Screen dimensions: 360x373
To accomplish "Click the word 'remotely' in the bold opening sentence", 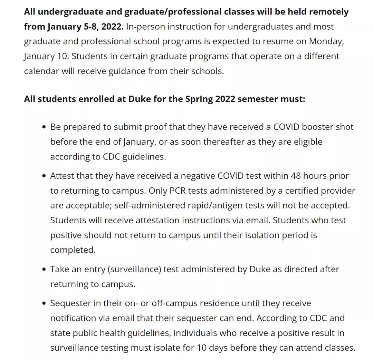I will click(328, 12).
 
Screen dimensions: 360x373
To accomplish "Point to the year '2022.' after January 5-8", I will click(112, 27).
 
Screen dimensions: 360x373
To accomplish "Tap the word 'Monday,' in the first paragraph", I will click(326, 41).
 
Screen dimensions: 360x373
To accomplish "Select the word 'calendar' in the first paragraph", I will click(41, 71).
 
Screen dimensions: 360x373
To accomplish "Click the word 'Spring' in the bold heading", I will click(199, 99).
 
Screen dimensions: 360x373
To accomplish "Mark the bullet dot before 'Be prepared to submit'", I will click(44, 127).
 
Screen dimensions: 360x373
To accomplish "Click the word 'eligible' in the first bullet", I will click(308, 142).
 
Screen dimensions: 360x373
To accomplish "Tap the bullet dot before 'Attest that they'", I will click(44, 176).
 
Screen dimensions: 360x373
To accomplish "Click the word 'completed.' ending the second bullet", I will click(73, 250).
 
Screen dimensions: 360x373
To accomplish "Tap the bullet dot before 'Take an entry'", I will click(44, 270).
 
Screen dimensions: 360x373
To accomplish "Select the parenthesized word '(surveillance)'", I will click(134, 270).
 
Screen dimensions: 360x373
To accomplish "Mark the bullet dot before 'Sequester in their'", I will click(44, 304).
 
